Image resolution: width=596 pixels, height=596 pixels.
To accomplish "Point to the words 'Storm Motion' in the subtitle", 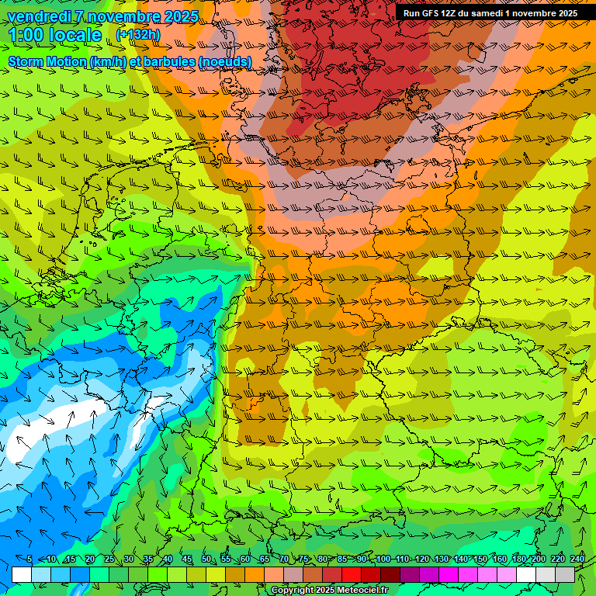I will pyautogui.click(x=47, y=61).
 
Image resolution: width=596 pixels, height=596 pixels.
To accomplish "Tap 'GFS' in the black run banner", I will pyautogui.click(x=434, y=13).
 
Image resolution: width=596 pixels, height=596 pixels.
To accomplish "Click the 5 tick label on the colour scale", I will pyautogui.click(x=29, y=560).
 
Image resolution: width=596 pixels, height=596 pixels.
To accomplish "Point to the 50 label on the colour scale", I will pyautogui.click(x=206, y=560).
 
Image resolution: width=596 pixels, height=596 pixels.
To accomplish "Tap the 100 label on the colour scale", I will pyautogui.click(x=383, y=560).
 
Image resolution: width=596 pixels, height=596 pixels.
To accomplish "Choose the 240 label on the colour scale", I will pyautogui.click(x=577, y=560).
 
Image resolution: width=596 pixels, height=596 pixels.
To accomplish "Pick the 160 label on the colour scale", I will pyautogui.click(x=499, y=560).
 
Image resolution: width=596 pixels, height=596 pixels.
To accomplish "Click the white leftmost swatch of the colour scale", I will pyautogui.click(x=22, y=574).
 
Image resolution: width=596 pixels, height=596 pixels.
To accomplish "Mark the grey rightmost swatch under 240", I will pyautogui.click(x=565, y=574).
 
